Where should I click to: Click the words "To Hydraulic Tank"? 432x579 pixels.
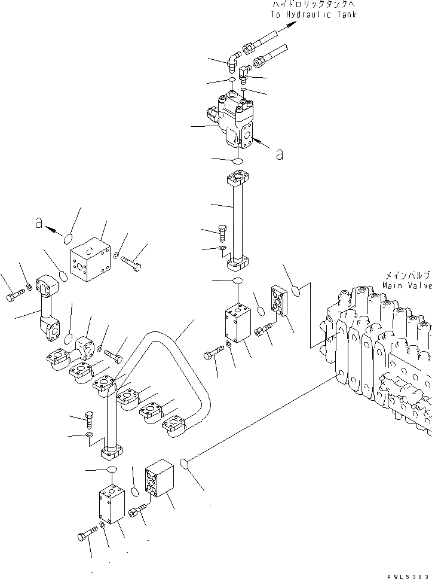313,14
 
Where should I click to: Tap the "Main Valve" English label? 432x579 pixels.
407,286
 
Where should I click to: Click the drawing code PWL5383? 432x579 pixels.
408,575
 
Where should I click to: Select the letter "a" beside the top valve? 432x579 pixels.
278,154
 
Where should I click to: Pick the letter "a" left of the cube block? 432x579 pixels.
39,223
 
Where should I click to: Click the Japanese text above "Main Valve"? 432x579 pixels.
408,276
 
